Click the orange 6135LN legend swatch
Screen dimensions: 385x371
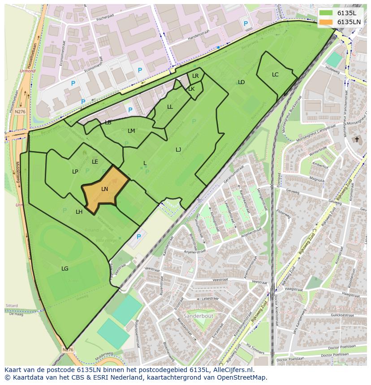[x=326, y=22]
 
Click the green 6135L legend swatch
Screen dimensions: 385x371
[x=326, y=13]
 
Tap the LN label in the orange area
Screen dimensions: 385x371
[x=104, y=189]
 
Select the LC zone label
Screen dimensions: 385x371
[x=275, y=75]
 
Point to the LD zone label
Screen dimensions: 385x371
[x=241, y=82]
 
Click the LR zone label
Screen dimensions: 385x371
[x=195, y=76]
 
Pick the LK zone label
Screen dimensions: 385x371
[x=191, y=89]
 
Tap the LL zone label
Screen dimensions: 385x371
[x=170, y=107]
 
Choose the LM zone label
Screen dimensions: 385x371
[x=131, y=131]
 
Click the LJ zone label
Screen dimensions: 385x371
[x=178, y=150]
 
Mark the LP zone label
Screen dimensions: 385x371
[x=75, y=172]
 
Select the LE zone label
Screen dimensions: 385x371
[x=95, y=162]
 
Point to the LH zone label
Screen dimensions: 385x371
[x=79, y=212]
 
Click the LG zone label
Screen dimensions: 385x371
[x=65, y=269]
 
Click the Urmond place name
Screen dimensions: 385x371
[x=28, y=71]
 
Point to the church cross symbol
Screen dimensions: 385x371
[x=357, y=140]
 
